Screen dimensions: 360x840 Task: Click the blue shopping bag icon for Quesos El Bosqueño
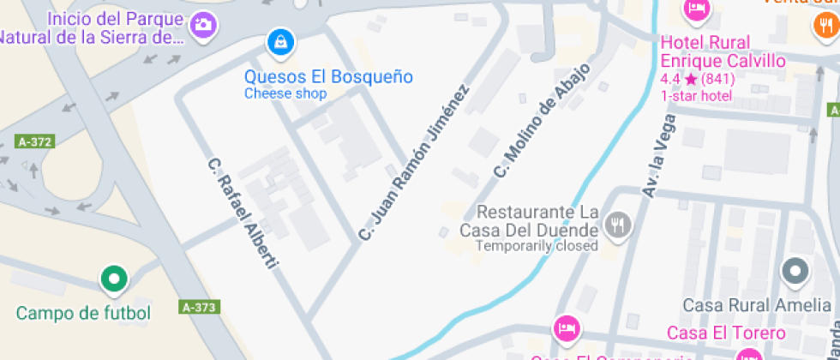(x=279, y=41)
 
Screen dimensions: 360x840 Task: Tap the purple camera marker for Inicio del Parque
(x=203, y=24)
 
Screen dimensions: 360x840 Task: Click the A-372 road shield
(x=34, y=142)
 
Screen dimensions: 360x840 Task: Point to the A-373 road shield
(x=201, y=306)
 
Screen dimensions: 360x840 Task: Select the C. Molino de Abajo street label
(x=542, y=121)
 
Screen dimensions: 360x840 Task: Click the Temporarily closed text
(x=537, y=246)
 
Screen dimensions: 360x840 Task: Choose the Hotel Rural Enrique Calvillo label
(x=723, y=51)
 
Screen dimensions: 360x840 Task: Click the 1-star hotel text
(x=696, y=95)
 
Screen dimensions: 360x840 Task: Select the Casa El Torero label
(x=726, y=333)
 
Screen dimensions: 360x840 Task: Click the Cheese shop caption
(x=285, y=93)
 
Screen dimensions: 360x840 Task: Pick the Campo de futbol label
(x=83, y=313)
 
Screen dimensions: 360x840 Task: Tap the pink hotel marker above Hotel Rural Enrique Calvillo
(x=696, y=9)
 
